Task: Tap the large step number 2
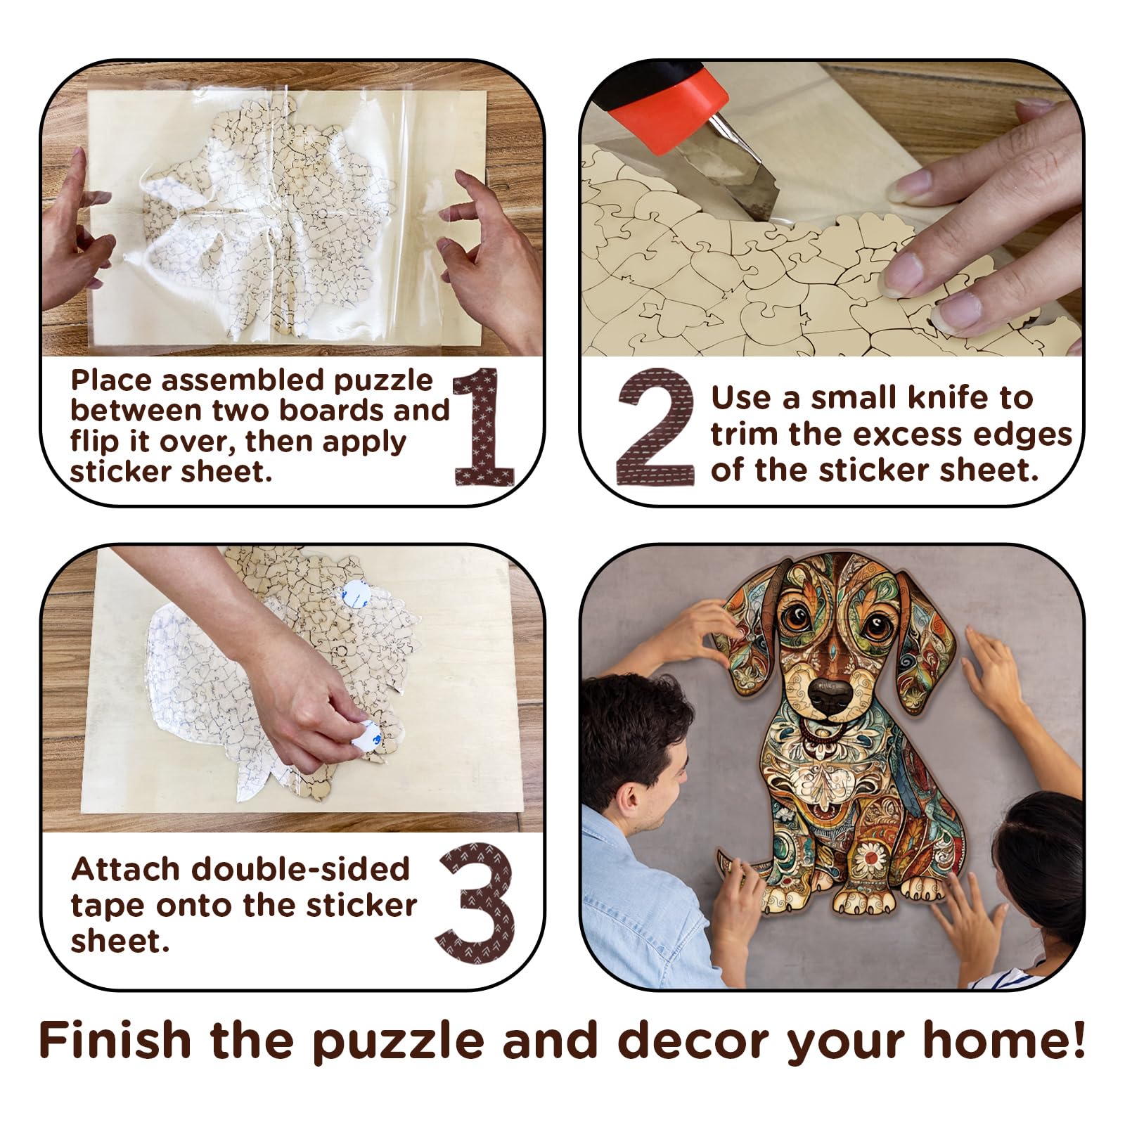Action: [655, 427]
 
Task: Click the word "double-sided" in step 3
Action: [300, 869]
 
